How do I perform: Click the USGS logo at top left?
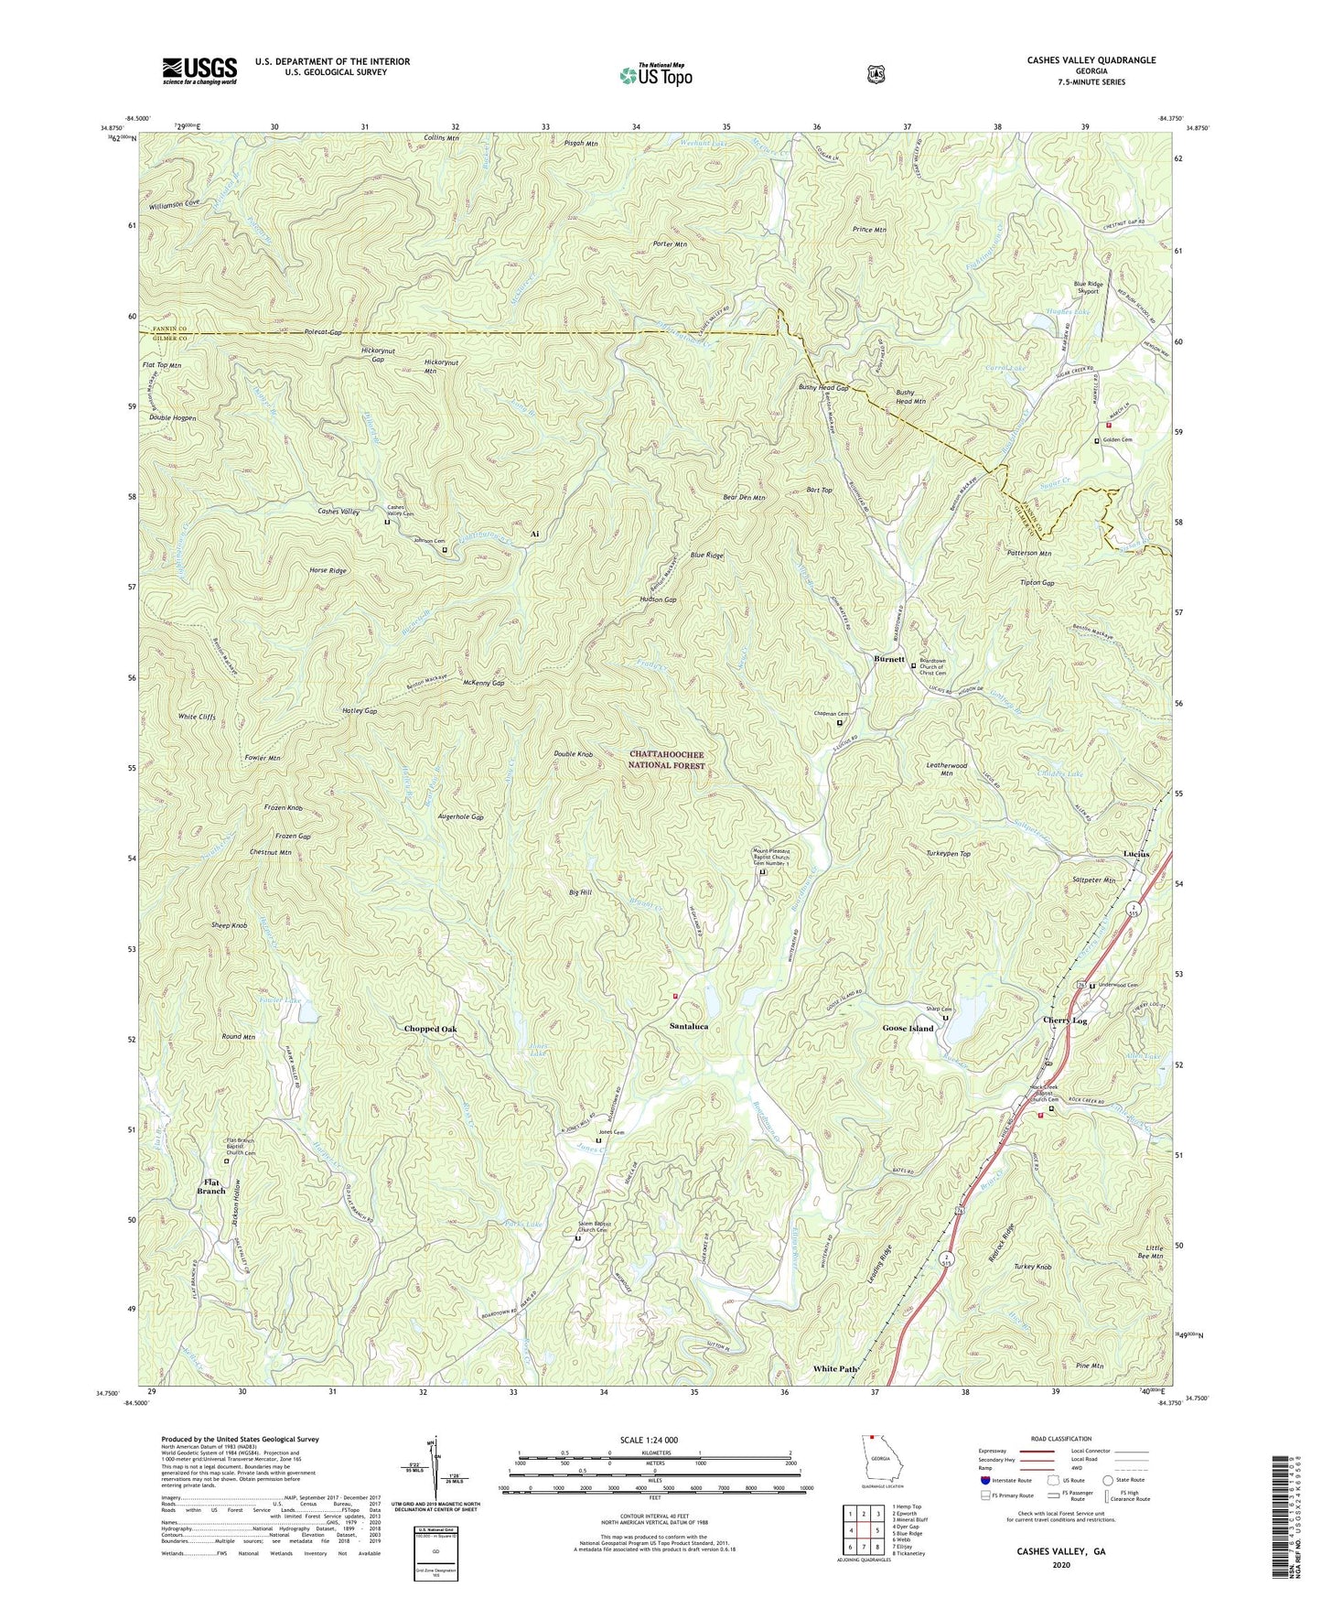[x=199, y=70]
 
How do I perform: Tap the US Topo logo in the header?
[x=655, y=74]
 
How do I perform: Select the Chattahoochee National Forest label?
[x=667, y=760]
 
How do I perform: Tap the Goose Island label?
[x=908, y=1029]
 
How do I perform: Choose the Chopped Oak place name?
[x=430, y=1029]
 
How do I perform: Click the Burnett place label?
[x=888, y=659]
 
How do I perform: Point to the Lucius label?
[x=1143, y=854]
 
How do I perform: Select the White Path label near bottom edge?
[x=835, y=1369]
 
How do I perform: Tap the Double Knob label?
[x=574, y=754]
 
